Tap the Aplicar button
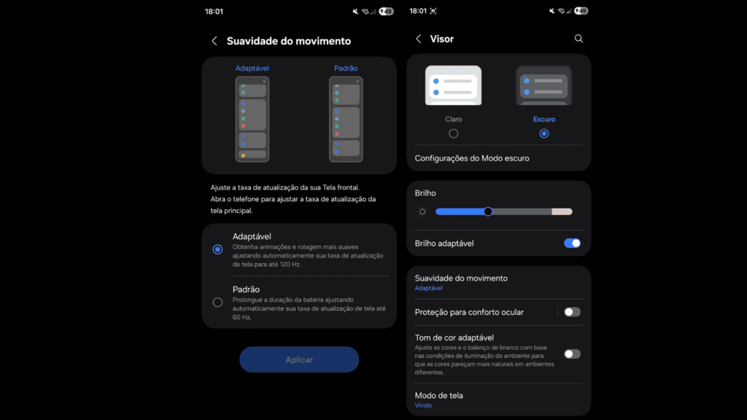point(299,359)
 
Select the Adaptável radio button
point(217,249)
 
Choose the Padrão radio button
point(217,302)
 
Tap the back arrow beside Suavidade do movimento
point(214,42)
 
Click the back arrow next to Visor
point(418,39)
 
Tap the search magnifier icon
point(578,39)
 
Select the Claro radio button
point(454,133)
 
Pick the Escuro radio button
point(543,133)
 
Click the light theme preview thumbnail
point(454,86)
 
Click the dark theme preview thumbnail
point(543,86)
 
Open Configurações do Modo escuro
point(472,158)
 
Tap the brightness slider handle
point(488,211)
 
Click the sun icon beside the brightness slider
point(422,211)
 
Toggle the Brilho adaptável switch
point(572,243)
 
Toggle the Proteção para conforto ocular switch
point(572,312)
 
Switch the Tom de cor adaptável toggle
point(572,354)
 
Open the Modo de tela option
point(438,399)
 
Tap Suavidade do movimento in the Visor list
point(461,282)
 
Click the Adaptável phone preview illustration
point(252,119)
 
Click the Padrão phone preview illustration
point(346,119)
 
